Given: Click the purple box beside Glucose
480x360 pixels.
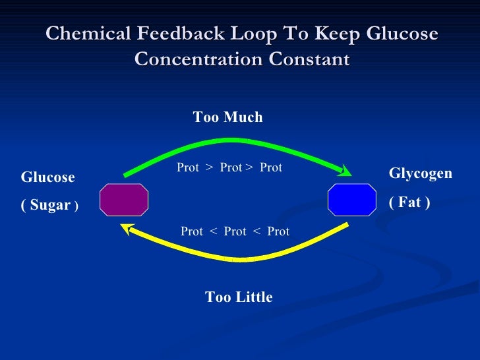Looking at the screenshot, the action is (x=124, y=200).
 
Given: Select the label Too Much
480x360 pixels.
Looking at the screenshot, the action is (x=227, y=117).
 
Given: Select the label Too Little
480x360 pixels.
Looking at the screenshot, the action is (x=239, y=297).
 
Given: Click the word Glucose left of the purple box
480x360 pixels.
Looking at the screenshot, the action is (x=48, y=177).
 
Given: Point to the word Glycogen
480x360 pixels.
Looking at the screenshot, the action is (x=421, y=173).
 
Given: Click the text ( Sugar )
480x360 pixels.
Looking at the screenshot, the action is (x=50, y=205).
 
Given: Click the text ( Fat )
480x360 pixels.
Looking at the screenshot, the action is (x=409, y=202).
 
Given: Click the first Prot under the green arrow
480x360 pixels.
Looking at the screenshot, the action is (x=188, y=168).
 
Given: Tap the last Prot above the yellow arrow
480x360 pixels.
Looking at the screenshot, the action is (x=278, y=231).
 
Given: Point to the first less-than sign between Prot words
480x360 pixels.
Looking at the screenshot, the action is (x=213, y=231).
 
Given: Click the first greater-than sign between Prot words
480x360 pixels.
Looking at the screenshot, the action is (x=209, y=168).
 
